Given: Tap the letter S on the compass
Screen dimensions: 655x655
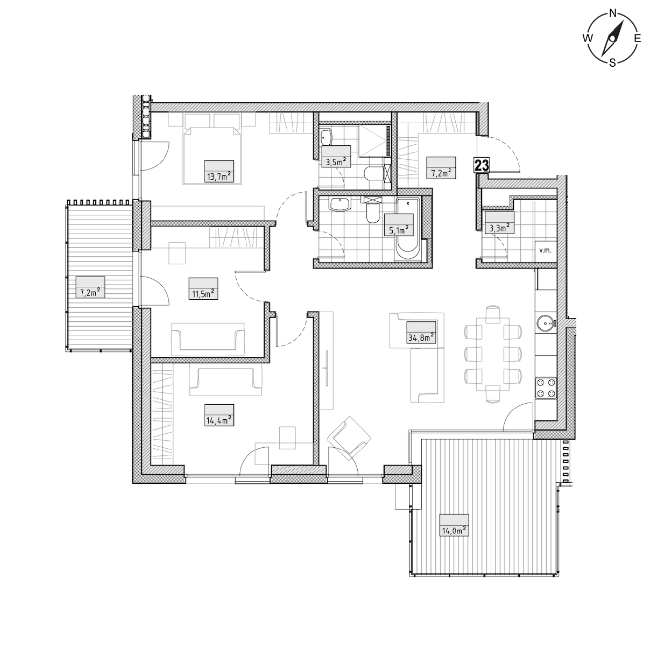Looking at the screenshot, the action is (612, 62).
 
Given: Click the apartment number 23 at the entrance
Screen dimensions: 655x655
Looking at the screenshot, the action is (482, 165).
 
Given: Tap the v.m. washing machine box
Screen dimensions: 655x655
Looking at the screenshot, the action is (546, 251).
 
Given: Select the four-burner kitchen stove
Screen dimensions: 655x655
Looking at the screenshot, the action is (546, 388).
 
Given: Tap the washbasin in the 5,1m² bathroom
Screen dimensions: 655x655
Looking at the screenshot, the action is (340, 205).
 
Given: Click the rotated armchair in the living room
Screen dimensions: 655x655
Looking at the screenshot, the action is (349, 439).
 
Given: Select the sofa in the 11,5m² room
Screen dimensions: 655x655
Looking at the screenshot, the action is (208, 339).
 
